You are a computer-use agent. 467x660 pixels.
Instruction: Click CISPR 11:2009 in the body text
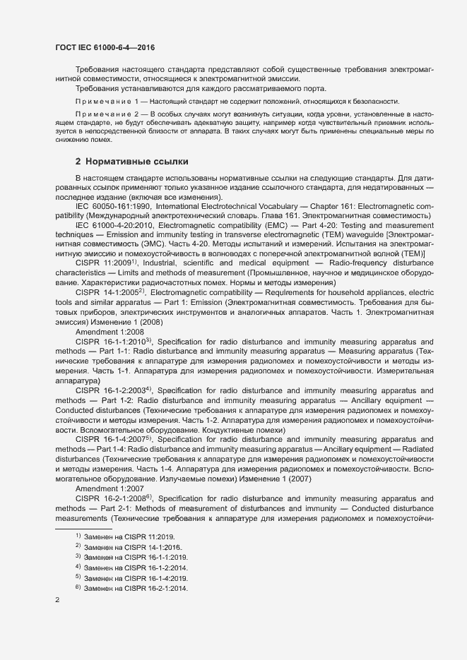[x=102, y=262]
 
